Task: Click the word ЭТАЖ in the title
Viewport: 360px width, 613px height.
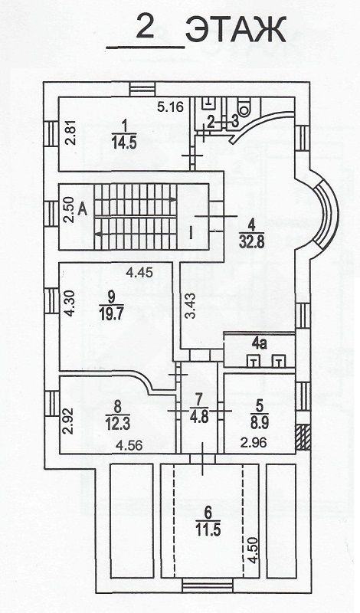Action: (236, 30)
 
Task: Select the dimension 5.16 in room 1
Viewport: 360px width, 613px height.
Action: (171, 107)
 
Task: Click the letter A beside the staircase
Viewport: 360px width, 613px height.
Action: (83, 209)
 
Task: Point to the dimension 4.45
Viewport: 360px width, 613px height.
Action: (139, 274)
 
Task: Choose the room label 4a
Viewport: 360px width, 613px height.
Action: (259, 343)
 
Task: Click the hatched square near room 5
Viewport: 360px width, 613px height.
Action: (303, 437)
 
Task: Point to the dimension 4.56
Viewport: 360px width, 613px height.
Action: (128, 445)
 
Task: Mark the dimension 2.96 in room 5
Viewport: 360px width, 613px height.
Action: (254, 443)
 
